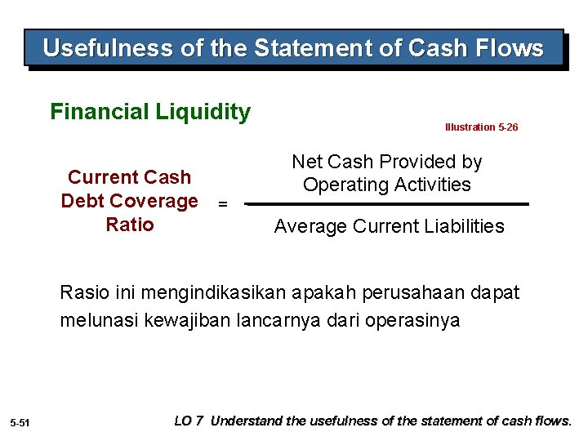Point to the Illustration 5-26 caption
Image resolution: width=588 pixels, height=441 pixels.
pos(481,127)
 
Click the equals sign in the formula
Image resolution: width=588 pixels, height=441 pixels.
pos(222,204)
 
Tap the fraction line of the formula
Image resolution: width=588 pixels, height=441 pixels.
pos(388,204)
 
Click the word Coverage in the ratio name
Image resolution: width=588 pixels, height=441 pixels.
pos(155,201)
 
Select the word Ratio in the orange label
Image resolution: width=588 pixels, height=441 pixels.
pos(130,225)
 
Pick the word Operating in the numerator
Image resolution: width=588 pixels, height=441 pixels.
pos(342,185)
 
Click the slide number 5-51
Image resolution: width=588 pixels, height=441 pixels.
pos(20,422)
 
